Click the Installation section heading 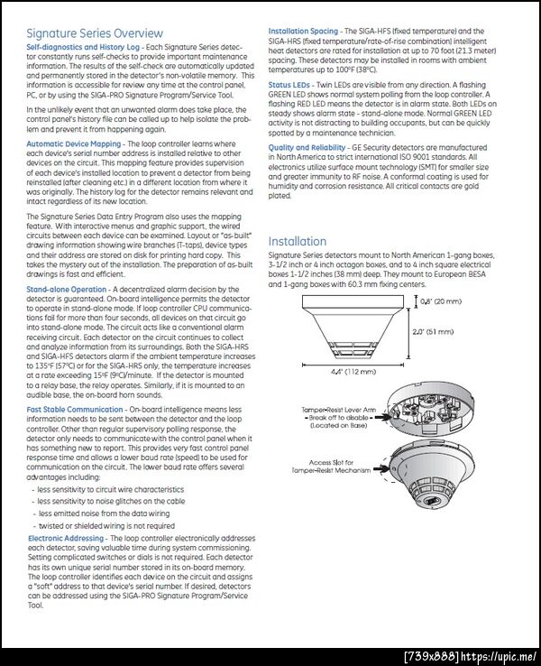pyautogui.click(x=298, y=241)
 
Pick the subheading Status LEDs pyautogui.click(x=290, y=83)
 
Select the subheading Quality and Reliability pyautogui.click(x=307, y=147)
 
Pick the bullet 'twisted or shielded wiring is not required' pyautogui.click(x=106, y=525)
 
